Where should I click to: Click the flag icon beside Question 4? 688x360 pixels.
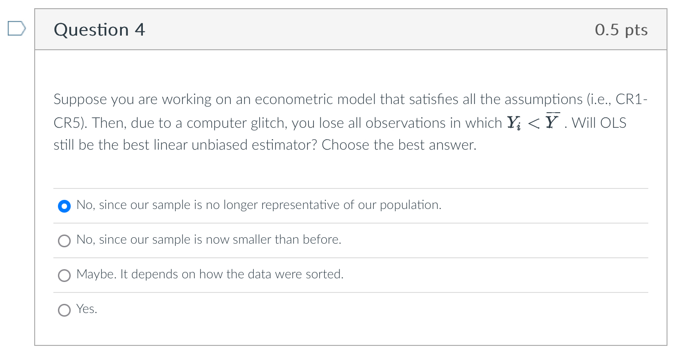click(16, 29)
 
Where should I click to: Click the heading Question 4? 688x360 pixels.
click(99, 30)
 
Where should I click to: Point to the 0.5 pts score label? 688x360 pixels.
click(621, 30)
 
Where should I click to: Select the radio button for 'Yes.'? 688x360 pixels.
click(64, 310)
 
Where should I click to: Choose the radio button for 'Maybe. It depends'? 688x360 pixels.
click(64, 276)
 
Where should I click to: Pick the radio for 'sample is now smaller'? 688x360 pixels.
click(64, 241)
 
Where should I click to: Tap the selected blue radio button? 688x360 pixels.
click(64, 206)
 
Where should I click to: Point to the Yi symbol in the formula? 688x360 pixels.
click(513, 123)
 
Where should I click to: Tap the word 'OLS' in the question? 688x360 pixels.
click(613, 123)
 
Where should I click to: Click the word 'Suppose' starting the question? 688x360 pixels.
click(80, 99)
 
